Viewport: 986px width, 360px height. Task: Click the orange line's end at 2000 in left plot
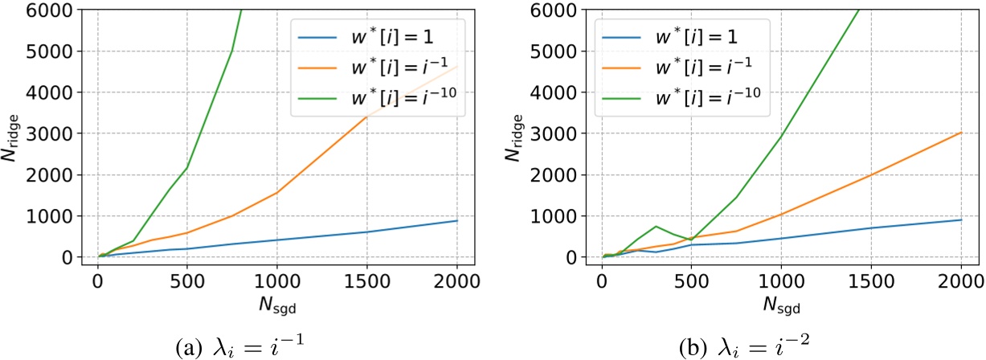coord(456,66)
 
